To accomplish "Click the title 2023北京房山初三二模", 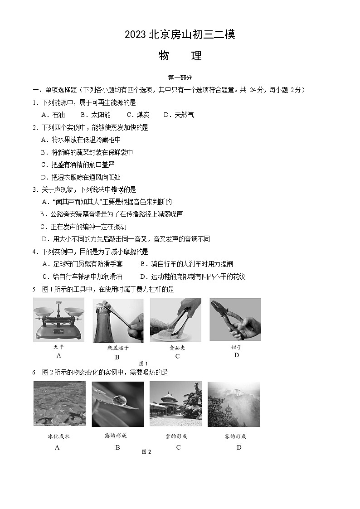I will coord(180,35).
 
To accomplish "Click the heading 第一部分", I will coord(180,78).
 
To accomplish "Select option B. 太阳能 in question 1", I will coord(95,115).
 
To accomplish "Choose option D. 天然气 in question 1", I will coord(179,115).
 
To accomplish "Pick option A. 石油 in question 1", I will coord(53,115).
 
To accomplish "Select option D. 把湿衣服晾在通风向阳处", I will coord(81,177).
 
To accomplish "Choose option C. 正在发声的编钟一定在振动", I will coord(83,227).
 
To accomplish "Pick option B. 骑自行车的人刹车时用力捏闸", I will coord(186,264).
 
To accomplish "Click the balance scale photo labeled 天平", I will coord(58,320).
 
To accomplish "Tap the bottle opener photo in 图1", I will coord(118,320).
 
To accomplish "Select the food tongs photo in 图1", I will coord(176,320).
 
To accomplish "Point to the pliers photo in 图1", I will coord(235,320).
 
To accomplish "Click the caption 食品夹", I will coord(177,348).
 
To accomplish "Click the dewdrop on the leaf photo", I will coord(118,404).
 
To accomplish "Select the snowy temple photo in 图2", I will coord(176,404).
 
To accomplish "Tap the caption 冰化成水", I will coord(58,436).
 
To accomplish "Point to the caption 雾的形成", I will coord(235,436).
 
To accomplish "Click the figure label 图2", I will coord(146,451).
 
